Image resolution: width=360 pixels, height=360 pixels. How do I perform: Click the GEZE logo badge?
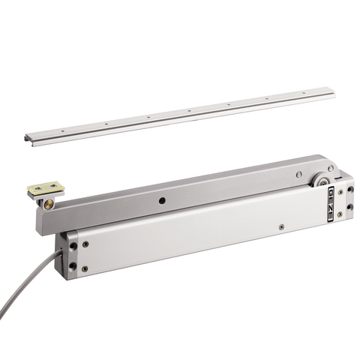pyautogui.click(x=331, y=203)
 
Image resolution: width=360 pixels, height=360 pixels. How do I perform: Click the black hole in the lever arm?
pyautogui.click(x=162, y=200)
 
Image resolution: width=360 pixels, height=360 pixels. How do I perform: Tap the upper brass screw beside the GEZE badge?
pyautogui.click(x=340, y=192)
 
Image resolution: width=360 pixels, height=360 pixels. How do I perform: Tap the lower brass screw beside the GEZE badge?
pyautogui.click(x=340, y=214)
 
